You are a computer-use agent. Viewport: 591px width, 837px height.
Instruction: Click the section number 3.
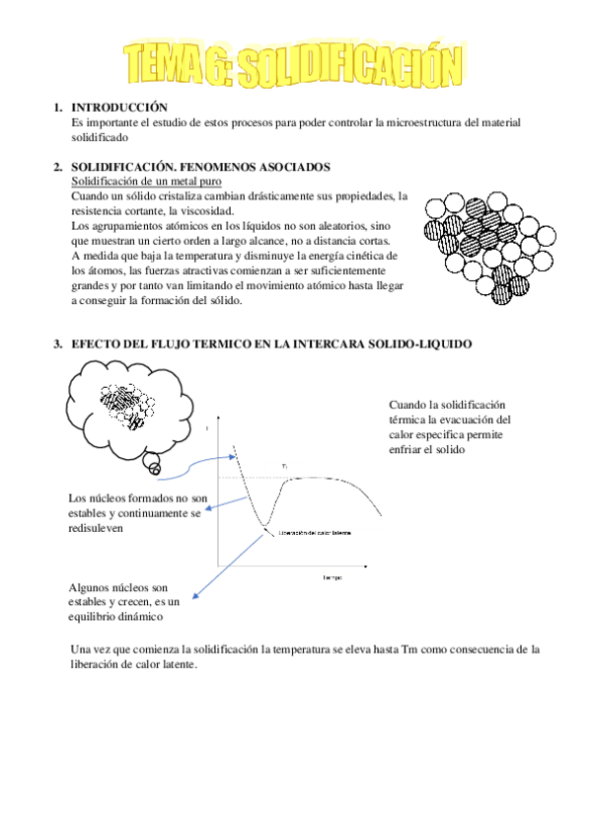click(x=57, y=343)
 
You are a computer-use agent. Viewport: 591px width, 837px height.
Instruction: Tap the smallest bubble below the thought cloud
click(x=152, y=464)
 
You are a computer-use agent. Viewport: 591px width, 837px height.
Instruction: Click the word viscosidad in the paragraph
click(x=206, y=210)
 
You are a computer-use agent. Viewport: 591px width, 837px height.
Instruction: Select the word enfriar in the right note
click(x=409, y=449)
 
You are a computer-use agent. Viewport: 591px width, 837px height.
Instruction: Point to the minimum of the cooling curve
click(x=260, y=524)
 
